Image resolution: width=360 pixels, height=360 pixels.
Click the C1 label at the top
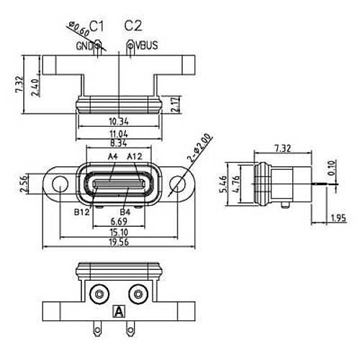tap(96, 26)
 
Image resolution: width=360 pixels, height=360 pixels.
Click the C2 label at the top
tap(133, 26)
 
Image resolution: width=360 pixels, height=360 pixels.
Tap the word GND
tap(84, 46)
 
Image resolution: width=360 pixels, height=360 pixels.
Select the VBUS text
tap(147, 45)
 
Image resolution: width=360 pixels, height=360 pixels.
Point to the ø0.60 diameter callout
tap(78, 29)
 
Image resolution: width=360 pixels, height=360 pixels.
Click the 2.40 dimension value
tap(35, 88)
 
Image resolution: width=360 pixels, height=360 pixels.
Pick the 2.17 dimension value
tap(176, 104)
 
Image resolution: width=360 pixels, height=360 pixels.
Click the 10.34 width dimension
tap(119, 122)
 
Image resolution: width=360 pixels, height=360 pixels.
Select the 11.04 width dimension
tap(119, 134)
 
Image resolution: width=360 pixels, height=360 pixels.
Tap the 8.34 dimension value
tap(119, 143)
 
